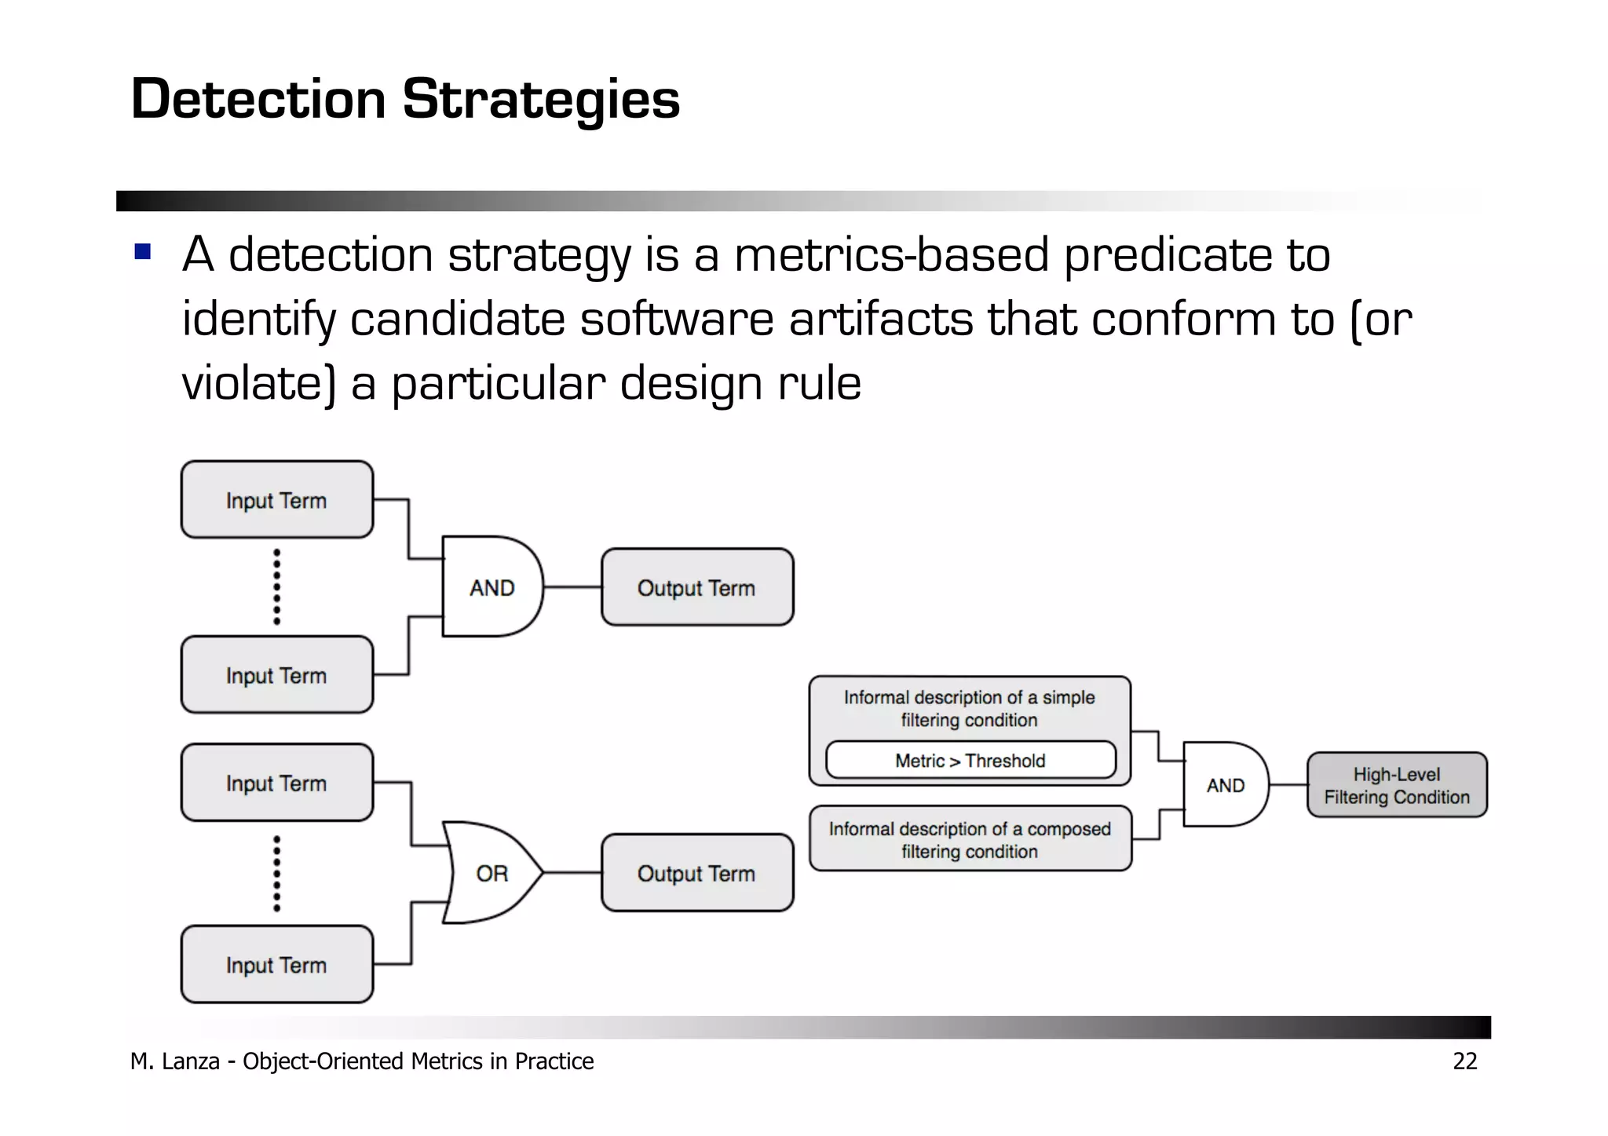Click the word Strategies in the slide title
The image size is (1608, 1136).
pyautogui.click(x=540, y=100)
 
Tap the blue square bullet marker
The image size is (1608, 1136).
pyautogui.click(x=142, y=251)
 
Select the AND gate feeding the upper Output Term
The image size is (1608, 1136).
pyautogui.click(x=492, y=587)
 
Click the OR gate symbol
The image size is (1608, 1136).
pyautogui.click(x=492, y=873)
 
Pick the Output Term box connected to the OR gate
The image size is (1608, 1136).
pyautogui.click(x=696, y=873)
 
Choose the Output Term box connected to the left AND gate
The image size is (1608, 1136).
pyautogui.click(x=696, y=587)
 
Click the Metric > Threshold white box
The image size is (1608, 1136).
pyautogui.click(x=970, y=760)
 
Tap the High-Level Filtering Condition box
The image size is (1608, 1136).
pyautogui.click(x=1396, y=785)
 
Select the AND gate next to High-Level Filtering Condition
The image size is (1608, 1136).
pyautogui.click(x=1225, y=785)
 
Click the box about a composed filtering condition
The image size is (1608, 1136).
pyautogui.click(x=970, y=839)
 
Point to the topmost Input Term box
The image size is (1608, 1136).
pyautogui.click(x=276, y=500)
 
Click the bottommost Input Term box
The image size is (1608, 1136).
pyautogui.click(x=276, y=964)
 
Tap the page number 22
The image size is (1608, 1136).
pyautogui.click(x=1464, y=1061)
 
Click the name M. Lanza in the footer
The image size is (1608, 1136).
pyautogui.click(x=174, y=1061)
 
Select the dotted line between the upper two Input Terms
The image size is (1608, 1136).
pyautogui.click(x=276, y=586)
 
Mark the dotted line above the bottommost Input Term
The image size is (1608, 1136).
pyautogui.click(x=276, y=873)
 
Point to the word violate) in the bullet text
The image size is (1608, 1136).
pyautogui.click(x=258, y=385)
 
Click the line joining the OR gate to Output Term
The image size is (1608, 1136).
pyautogui.click(x=572, y=872)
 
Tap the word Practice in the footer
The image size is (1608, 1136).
pyautogui.click(x=554, y=1061)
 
